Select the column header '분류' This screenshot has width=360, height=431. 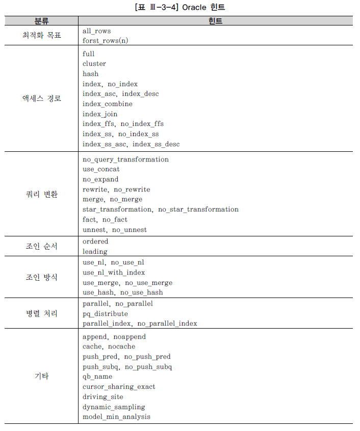(x=42, y=21)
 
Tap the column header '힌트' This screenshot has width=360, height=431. (x=215, y=21)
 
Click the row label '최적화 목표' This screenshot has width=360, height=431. (x=42, y=36)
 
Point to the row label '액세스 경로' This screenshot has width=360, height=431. (x=42, y=99)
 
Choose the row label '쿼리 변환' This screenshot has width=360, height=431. (x=42, y=195)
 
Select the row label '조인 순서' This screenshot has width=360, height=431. (x=42, y=247)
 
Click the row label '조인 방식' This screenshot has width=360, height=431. (x=42, y=278)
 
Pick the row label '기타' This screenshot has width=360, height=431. (x=42, y=377)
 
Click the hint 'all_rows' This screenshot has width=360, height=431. (x=96, y=31)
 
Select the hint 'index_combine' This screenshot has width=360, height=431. (x=107, y=104)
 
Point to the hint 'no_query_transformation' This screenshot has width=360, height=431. (x=125, y=159)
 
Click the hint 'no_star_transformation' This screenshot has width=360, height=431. (x=198, y=209)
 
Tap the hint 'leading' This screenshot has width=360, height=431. (x=95, y=252)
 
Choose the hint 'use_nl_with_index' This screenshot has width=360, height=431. (x=114, y=273)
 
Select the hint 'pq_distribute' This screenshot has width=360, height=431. (x=105, y=314)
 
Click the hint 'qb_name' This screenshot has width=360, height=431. (x=97, y=377)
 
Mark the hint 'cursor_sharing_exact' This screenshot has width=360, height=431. (x=119, y=387)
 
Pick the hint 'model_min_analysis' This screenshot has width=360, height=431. (x=116, y=417)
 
